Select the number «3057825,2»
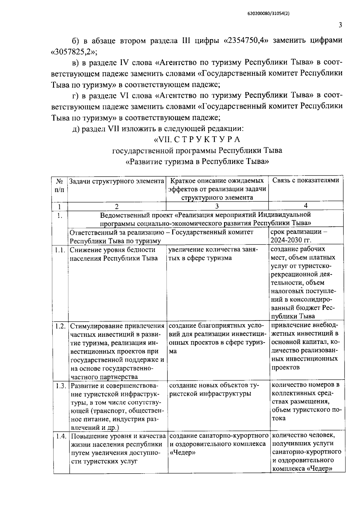[x=74, y=52]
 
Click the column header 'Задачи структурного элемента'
[x=117, y=181]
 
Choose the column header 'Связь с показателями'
[x=306, y=180]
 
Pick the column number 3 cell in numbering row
[x=217, y=206]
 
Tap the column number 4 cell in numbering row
[x=306, y=205]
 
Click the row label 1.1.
[x=60, y=250]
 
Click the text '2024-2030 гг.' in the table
[x=291, y=240]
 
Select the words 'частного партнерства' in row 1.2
[x=104, y=377]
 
